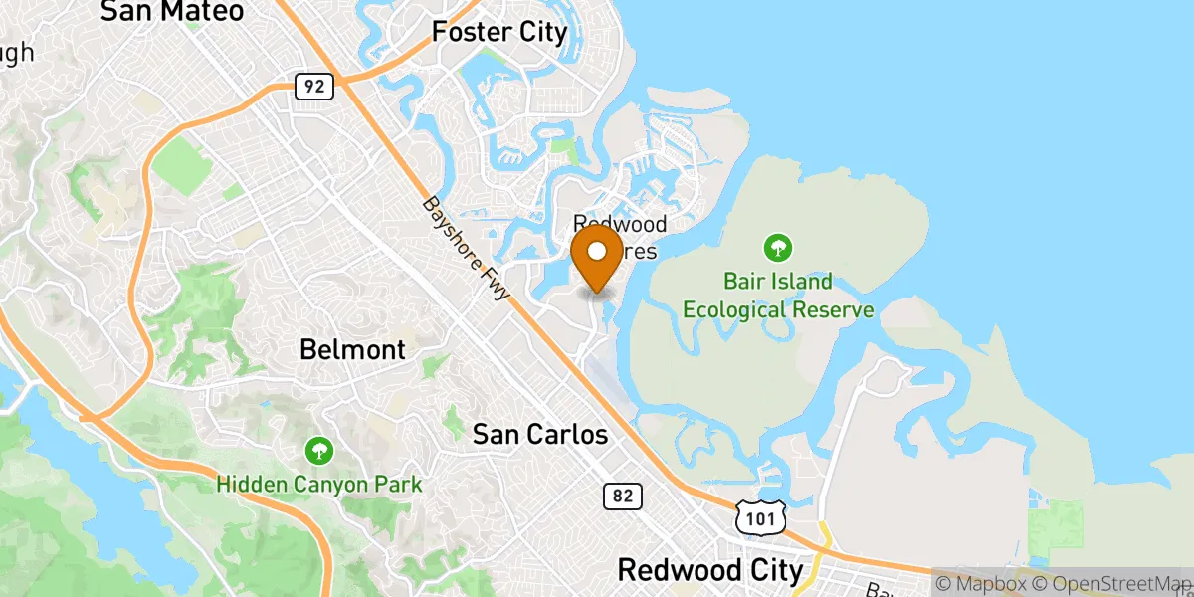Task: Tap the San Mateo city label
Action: click(x=172, y=12)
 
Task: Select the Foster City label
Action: click(x=499, y=32)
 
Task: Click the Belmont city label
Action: click(x=353, y=350)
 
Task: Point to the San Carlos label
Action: click(x=539, y=435)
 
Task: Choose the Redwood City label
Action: click(x=709, y=570)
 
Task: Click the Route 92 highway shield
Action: click(x=313, y=87)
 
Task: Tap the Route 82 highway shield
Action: click(x=622, y=496)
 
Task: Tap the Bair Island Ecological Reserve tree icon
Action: click(x=778, y=245)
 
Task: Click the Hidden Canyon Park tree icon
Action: click(x=320, y=451)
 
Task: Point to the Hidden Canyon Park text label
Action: click(x=320, y=485)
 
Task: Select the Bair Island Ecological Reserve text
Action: click(x=778, y=297)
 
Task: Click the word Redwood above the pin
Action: click(x=620, y=225)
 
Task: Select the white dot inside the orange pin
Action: click(x=597, y=250)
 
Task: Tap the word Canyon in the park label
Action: click(x=319, y=485)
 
